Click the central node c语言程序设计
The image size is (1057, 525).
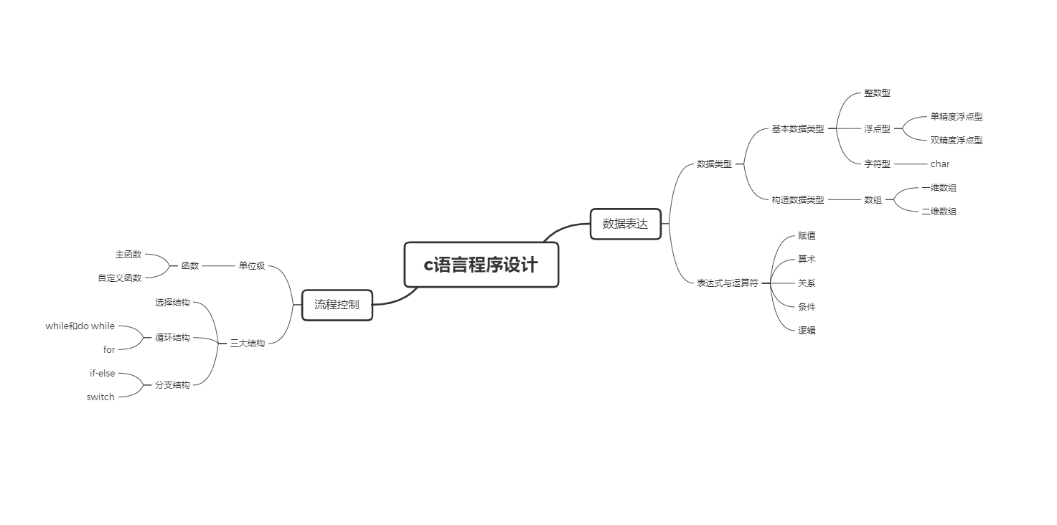pyautogui.click(x=481, y=265)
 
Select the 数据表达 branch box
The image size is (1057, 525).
pyautogui.click(x=625, y=224)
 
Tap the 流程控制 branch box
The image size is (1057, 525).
pyautogui.click(x=337, y=305)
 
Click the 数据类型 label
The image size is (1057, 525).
pyautogui.click(x=714, y=164)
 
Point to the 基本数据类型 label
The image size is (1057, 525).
pyautogui.click(x=797, y=129)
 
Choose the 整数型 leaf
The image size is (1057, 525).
pyautogui.click(x=877, y=93)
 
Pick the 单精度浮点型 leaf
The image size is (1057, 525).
pyautogui.click(x=956, y=117)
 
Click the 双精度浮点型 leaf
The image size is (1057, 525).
pyautogui.click(x=956, y=141)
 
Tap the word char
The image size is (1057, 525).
pyautogui.click(x=939, y=164)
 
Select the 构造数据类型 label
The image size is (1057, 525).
pyautogui.click(x=797, y=200)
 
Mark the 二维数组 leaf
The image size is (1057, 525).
pyautogui.click(x=939, y=212)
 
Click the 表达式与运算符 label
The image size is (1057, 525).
pyautogui.click(x=727, y=283)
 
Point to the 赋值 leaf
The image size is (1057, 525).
pyautogui.click(x=807, y=236)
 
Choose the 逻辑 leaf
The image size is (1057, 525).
pyautogui.click(x=807, y=331)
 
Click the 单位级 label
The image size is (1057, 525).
pyautogui.click(x=252, y=266)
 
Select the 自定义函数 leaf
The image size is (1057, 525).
pyautogui.click(x=120, y=278)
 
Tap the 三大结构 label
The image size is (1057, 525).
pyautogui.click(x=248, y=344)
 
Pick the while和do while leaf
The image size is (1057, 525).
pyautogui.click(x=80, y=326)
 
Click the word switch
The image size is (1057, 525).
pyautogui.click(x=100, y=397)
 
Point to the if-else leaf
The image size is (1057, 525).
pyautogui.click(x=102, y=374)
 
